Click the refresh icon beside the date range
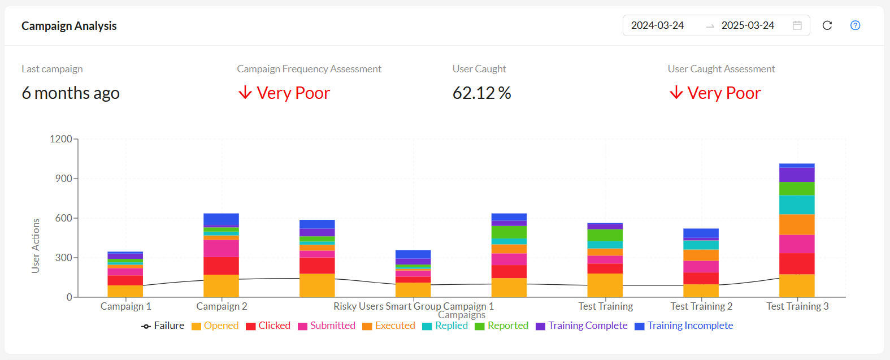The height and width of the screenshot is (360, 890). [827, 25]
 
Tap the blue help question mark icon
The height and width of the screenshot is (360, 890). [856, 25]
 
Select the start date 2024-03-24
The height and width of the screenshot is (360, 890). [657, 25]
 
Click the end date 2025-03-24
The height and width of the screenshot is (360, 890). [748, 25]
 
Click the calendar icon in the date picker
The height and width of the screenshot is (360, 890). [797, 25]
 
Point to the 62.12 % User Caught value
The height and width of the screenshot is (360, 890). [481, 93]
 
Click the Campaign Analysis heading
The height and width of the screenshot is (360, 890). [69, 26]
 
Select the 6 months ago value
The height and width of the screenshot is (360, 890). [71, 93]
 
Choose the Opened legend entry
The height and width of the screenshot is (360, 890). [215, 326]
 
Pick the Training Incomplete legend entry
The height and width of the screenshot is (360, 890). [684, 326]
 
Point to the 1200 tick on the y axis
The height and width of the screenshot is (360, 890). [61, 139]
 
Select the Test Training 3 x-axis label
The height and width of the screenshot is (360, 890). [797, 306]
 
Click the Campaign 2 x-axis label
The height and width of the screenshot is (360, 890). [222, 306]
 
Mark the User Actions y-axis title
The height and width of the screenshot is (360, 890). [36, 246]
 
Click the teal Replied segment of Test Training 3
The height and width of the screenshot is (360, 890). [797, 205]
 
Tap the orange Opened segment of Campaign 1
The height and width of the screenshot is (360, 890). [125, 291]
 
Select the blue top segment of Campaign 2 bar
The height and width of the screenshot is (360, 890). [221, 220]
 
